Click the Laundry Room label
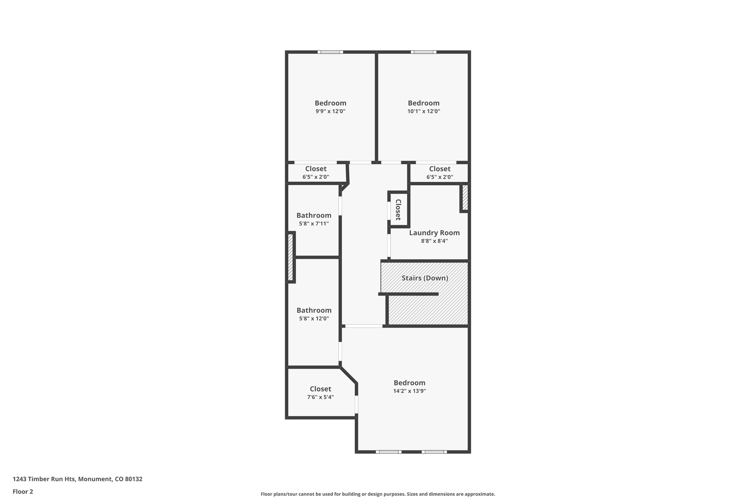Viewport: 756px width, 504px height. coord(434,233)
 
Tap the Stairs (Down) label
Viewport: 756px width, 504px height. coord(425,278)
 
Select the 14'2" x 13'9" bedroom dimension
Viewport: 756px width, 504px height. coord(409,391)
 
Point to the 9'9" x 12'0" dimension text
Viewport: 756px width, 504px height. coord(330,111)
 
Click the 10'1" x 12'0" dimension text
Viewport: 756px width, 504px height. coord(423,111)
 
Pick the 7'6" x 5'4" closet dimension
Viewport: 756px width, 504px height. coord(320,397)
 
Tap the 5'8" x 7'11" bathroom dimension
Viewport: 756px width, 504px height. coord(314,223)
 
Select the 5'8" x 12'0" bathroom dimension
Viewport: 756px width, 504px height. coord(314,318)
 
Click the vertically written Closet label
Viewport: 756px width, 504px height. coord(398,209)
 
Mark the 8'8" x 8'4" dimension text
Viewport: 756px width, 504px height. coord(434,241)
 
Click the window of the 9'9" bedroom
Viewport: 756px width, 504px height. coord(330,52)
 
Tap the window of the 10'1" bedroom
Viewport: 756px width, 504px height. coord(423,52)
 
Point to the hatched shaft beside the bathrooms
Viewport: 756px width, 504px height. coord(291,257)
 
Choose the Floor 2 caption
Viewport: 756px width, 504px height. coord(23,491)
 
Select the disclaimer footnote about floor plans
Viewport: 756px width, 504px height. coord(378,494)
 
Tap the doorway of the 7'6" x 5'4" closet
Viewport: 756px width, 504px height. coord(357,404)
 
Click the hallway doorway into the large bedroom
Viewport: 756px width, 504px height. coord(364,326)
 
